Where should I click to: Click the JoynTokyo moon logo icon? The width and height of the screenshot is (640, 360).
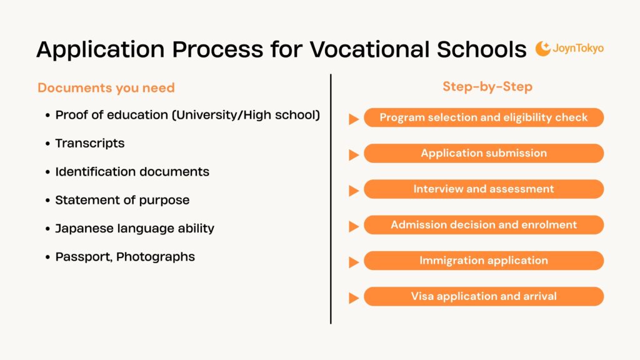[542, 49]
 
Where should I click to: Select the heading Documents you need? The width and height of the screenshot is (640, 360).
[106, 88]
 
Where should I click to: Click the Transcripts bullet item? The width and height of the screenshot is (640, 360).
[90, 143]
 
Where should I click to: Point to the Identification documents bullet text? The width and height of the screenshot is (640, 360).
[132, 171]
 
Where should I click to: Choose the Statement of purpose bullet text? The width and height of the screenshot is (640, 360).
[122, 200]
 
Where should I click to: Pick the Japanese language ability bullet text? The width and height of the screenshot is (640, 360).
[134, 228]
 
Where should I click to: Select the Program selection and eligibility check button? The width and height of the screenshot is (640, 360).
[484, 117]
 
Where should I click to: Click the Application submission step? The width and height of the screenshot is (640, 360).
[484, 153]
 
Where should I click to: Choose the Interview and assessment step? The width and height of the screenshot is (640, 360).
[484, 189]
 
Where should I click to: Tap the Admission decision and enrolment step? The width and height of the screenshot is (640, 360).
[484, 224]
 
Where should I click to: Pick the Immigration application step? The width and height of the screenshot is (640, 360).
[484, 261]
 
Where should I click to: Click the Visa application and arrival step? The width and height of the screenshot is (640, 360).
[484, 296]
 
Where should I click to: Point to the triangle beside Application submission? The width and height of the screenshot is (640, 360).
[354, 154]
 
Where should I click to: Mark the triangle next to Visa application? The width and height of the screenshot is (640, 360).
[354, 298]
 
